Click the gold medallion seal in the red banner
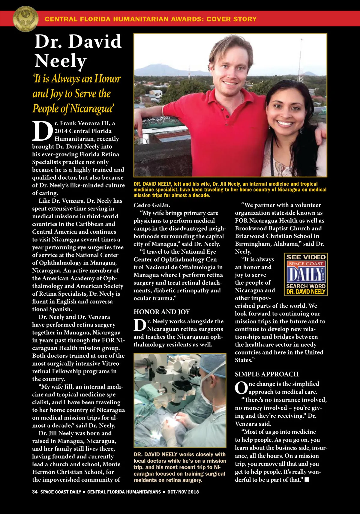tap(25, 19)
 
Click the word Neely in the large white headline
tap(61, 61)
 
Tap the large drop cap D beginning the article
tap(42, 131)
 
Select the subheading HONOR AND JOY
tap(162, 312)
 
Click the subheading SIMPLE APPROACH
tap(267, 374)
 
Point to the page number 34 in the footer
tap(35, 492)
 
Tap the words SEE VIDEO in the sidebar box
tap(306, 257)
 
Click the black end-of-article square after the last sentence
tap(307, 480)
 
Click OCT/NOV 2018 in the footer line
tap(183, 492)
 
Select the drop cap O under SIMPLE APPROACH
tap(241, 388)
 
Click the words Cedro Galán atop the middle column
tap(152, 205)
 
